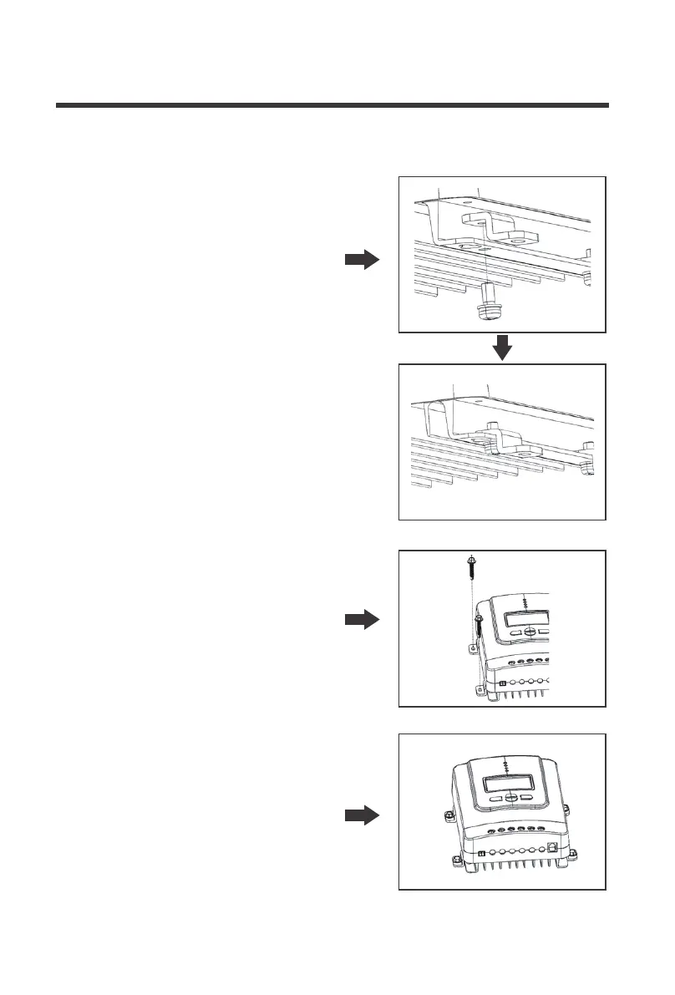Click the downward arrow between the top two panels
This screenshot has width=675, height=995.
501,348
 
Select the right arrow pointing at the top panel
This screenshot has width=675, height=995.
362,261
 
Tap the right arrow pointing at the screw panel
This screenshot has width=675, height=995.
362,620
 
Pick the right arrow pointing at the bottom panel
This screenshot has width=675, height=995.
362,816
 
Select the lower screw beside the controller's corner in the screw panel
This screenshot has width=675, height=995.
478,628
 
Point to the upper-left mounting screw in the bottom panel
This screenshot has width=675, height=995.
447,813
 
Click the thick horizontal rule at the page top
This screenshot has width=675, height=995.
332,106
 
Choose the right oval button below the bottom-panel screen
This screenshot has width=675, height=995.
526,798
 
